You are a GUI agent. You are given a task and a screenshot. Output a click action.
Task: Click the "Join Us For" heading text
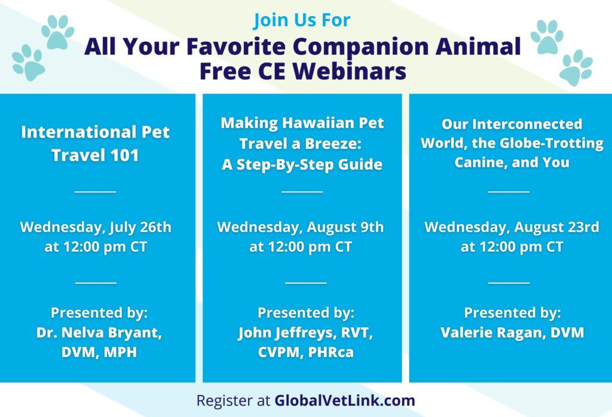[302, 20]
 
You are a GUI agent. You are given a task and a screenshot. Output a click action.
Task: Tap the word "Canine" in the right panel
[481, 162]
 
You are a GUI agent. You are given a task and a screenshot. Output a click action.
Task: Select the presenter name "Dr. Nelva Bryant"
[99, 333]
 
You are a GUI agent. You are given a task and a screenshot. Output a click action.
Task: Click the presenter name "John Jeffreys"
[283, 333]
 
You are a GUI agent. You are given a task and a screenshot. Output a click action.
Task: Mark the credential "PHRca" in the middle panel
[331, 352]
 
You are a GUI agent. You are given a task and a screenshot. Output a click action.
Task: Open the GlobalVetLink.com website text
[345, 400]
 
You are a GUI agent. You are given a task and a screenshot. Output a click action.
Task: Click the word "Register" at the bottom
[225, 400]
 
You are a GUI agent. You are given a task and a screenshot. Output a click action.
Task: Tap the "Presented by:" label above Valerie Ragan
[512, 312]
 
